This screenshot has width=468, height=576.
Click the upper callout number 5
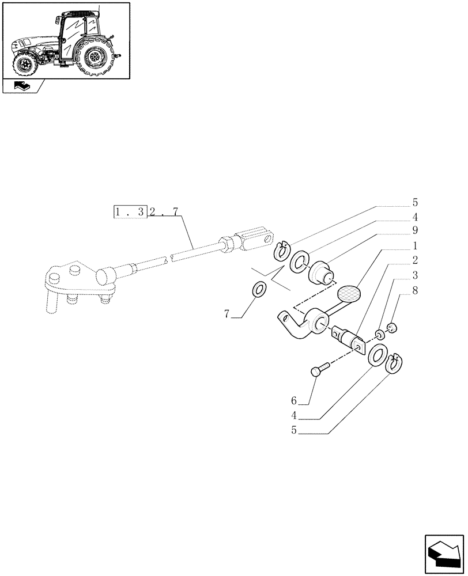(x=414, y=203)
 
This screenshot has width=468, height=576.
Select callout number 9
(x=414, y=231)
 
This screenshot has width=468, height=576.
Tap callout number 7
(x=227, y=314)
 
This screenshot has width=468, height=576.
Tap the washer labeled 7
(x=259, y=288)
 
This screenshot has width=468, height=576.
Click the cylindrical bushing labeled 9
(x=321, y=271)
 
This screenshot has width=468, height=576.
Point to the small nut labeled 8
(x=392, y=329)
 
